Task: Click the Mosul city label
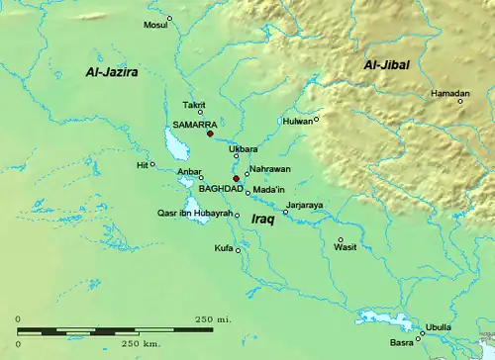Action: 156,24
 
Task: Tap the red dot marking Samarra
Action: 210,135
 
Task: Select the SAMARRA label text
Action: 192,126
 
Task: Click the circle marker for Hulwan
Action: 317,120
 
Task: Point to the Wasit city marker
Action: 341,239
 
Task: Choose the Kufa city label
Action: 224,248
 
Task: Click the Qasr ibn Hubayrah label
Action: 194,214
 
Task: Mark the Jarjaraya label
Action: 305,205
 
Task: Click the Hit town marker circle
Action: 152,164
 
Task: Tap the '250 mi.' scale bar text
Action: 213,318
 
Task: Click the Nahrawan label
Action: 269,169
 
